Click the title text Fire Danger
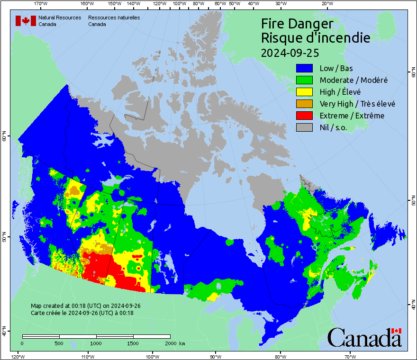[297, 24]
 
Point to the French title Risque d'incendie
[315, 38]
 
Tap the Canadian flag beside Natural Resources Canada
[26, 21]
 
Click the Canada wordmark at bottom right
[364, 337]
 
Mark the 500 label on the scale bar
[59, 343]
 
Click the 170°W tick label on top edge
[41, 4]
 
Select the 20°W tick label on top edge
[326, 4]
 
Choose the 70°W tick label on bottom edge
[350, 356]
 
